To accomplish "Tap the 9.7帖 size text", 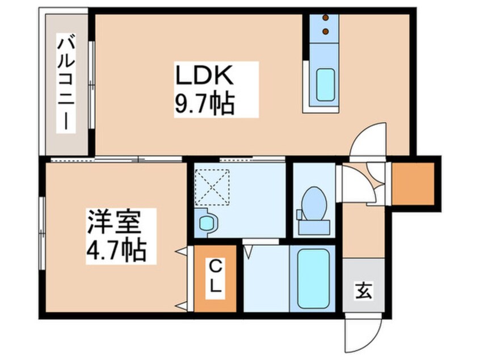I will click(205, 104).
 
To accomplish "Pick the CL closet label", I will click(214, 276).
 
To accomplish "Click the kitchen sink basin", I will click(325, 85).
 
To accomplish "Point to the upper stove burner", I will click(326, 18).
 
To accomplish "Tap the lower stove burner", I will click(326, 32).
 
